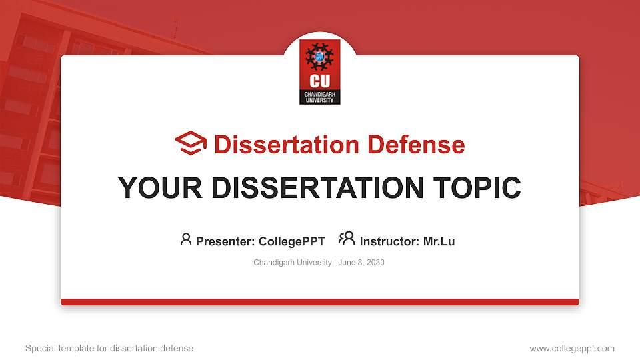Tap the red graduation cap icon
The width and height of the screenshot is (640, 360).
pos(191,143)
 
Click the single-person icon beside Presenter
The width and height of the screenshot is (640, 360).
pos(186,239)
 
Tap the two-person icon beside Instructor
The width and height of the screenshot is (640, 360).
pos(347,239)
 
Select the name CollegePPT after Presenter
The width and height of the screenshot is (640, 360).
pos(292,241)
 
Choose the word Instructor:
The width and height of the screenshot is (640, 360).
pos(390,241)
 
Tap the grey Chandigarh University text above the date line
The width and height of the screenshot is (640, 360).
pos(292,263)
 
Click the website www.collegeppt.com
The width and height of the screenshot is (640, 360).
pos(572,348)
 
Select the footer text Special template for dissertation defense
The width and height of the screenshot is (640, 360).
pos(109,348)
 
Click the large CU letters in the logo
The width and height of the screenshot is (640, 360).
pos(320,81)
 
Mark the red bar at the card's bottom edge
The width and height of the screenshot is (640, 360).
pos(320,302)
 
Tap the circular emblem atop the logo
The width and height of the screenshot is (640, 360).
pos(320,56)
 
